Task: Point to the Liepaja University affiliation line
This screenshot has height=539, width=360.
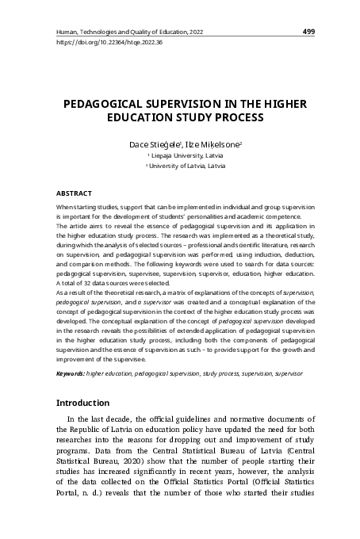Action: pyautogui.click(x=179, y=157)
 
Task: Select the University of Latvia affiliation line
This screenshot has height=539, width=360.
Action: pyautogui.click(x=179, y=167)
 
